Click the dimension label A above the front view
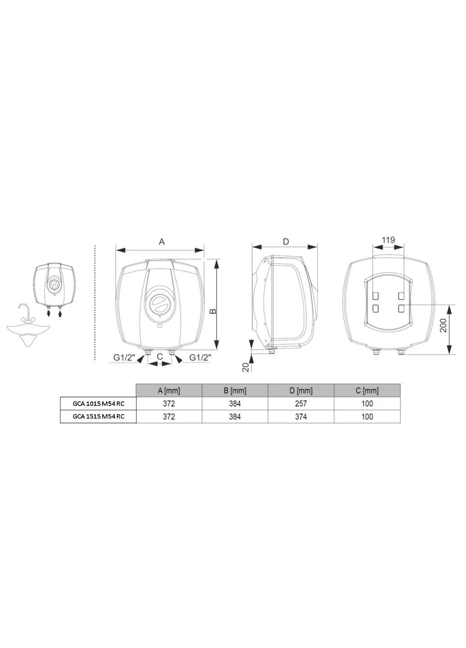coord(162,242)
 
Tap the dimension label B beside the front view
coord(213,311)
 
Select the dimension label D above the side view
coord(285,242)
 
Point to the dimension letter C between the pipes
coord(160,356)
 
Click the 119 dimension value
coord(388,240)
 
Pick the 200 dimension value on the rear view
coord(443,325)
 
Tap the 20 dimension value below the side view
coord(245,367)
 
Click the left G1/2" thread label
coord(124,358)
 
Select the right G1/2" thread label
coord(200,358)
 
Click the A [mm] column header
coord(169,391)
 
